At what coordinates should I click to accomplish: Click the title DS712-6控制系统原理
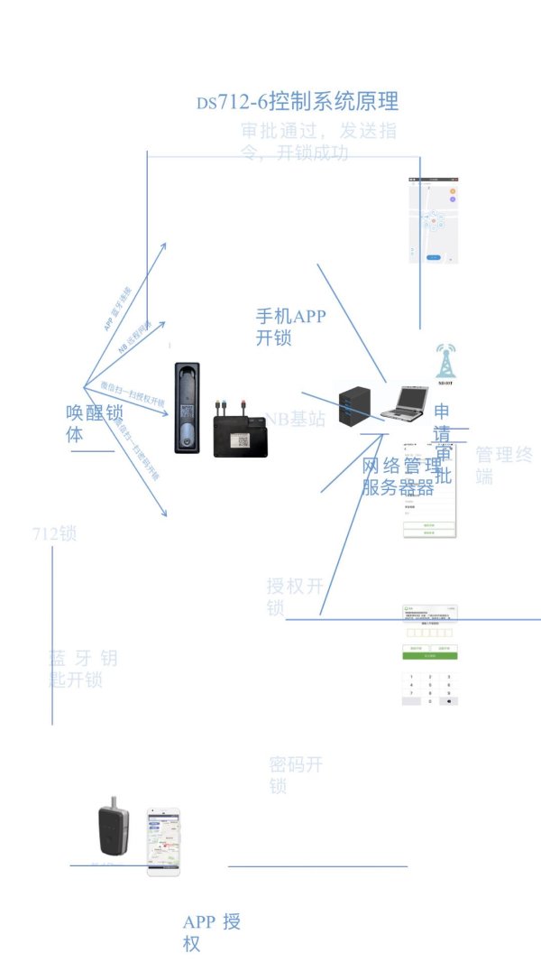[298, 101]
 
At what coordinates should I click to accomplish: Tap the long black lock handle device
[188, 408]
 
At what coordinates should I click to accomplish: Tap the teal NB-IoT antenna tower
[443, 360]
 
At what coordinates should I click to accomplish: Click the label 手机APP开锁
[291, 327]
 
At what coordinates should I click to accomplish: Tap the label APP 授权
[211, 932]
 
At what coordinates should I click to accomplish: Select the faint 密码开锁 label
[295, 775]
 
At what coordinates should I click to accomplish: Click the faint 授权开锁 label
[294, 597]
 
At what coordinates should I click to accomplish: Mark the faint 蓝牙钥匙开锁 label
[82, 669]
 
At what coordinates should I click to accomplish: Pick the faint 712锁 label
[54, 533]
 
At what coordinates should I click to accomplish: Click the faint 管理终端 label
[504, 464]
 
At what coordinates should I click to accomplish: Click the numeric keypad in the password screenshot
[430, 689]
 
